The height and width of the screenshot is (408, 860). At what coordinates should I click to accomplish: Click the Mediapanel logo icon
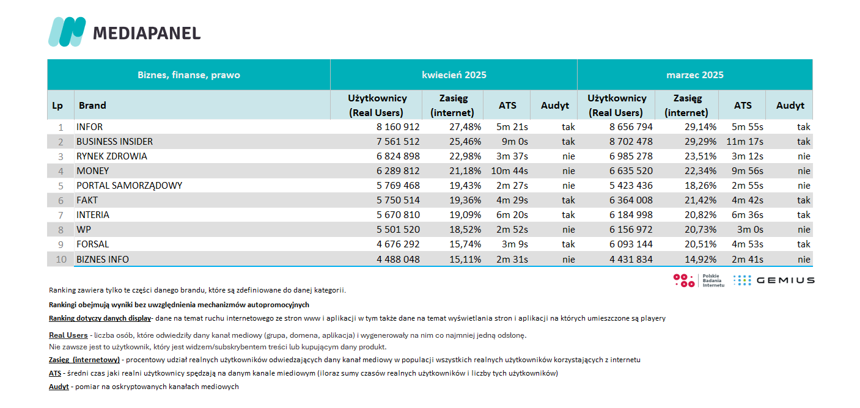pos(67,32)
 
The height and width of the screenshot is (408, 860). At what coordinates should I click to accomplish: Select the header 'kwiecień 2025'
pos(454,75)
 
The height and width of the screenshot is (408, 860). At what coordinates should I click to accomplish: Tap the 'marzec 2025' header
pos(694,75)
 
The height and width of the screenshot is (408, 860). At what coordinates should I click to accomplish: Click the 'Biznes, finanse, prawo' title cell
pos(189,75)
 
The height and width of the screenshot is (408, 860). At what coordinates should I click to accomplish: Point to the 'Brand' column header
pos(92,106)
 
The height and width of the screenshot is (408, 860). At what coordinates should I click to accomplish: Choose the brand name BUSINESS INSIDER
pos(114,142)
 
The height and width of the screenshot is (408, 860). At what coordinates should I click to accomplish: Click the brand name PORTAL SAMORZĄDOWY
pos(130,186)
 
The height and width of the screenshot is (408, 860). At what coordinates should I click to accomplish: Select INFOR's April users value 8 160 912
pos(398,127)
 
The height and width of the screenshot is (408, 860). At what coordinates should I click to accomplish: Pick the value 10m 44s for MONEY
pos(510,171)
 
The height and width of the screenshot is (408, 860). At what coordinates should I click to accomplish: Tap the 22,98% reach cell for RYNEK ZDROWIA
pos(465,156)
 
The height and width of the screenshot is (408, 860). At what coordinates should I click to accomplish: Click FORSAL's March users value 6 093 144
pos(631,244)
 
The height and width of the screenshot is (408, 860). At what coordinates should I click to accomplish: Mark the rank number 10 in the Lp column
pos(61,260)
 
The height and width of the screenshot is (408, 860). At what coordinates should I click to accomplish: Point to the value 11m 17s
pos(745,142)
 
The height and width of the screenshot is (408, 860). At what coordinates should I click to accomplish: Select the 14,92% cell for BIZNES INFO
pos(700,260)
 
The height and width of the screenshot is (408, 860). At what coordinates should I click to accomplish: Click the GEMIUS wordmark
pos(785,280)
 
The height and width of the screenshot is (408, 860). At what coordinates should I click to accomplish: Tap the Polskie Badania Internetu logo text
pos(713,280)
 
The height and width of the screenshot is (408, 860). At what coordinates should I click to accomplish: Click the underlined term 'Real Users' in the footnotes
pos(68,335)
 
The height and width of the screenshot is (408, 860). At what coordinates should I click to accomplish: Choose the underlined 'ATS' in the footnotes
pos(55,373)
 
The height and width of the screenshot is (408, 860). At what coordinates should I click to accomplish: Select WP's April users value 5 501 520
pos(398,230)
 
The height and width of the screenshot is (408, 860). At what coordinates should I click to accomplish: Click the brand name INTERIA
pos(92,215)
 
